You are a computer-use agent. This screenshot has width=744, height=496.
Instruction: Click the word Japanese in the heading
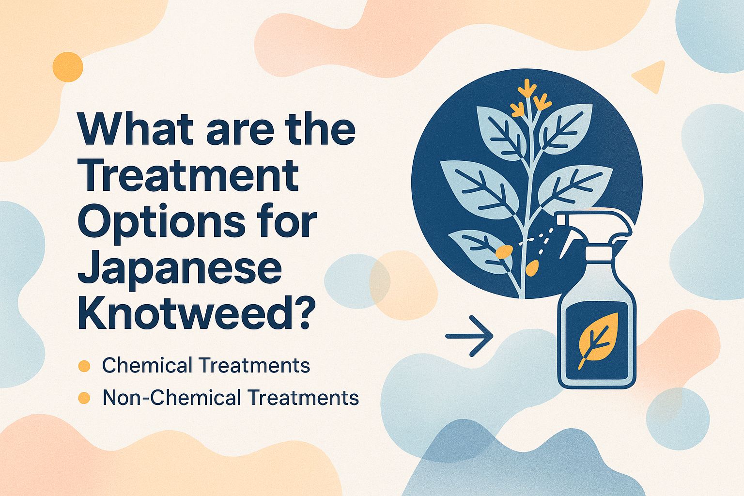pyautogui.click(x=179, y=269)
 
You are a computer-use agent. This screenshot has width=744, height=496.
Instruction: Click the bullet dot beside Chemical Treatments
pyautogui.click(x=84, y=366)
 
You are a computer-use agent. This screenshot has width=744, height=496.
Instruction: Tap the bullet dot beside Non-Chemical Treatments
pyautogui.click(x=84, y=398)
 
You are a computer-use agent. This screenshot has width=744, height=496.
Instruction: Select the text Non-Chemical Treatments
pyautogui.click(x=231, y=398)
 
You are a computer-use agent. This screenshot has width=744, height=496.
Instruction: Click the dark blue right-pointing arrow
pyautogui.click(x=469, y=335)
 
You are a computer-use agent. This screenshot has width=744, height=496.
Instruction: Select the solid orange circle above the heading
pyautogui.click(x=68, y=67)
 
